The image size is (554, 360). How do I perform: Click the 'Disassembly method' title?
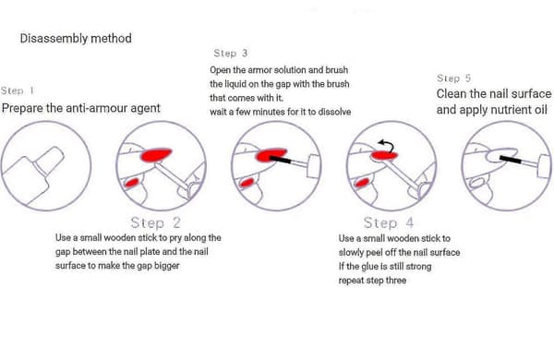click(76, 39)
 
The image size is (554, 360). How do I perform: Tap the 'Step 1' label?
click(18, 90)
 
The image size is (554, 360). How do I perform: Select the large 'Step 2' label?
click(155, 223)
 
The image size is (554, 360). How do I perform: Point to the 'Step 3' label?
click(230, 54)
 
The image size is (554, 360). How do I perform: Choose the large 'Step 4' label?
click(389, 223)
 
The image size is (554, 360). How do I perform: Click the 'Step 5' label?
click(453, 78)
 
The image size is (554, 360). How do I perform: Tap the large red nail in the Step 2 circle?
click(156, 155)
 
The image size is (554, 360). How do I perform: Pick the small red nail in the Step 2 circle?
click(132, 183)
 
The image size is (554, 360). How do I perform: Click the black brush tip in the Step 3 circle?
click(280, 159)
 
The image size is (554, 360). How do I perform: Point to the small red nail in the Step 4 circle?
click(362, 183)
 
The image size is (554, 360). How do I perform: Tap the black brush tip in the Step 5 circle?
click(512, 159)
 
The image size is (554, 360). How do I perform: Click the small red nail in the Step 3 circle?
click(247, 183)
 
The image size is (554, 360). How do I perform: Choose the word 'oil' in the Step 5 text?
click(540, 110)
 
